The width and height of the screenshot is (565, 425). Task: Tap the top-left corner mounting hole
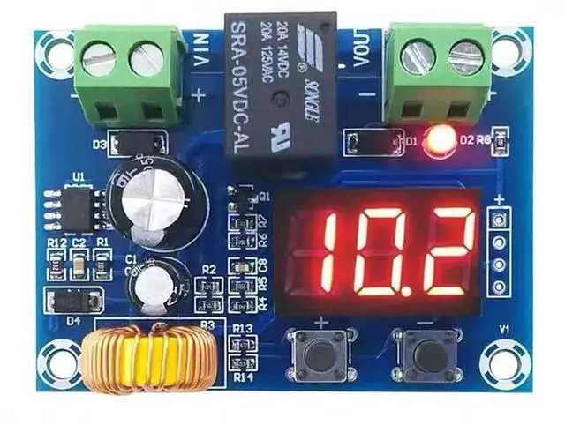pyautogui.click(x=50, y=46)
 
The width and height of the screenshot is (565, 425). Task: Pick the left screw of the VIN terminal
pyautogui.click(x=97, y=59)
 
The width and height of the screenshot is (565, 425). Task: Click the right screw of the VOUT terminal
pyautogui.click(x=464, y=58)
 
